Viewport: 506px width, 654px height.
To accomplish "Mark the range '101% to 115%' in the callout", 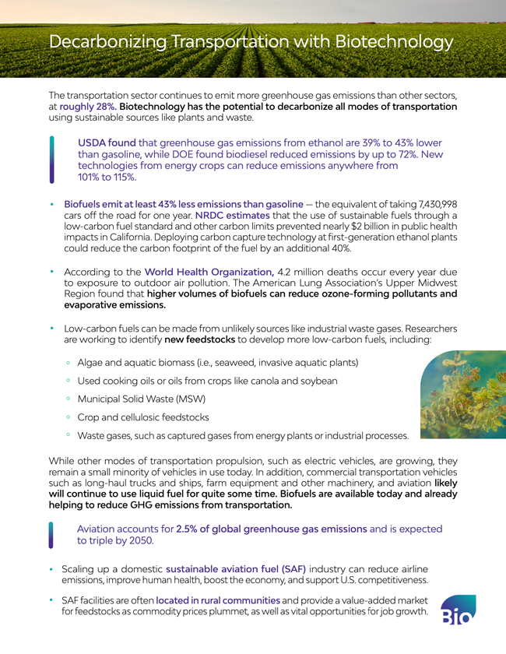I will coord(107,177).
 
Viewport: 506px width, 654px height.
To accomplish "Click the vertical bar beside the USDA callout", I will coord(52,160).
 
